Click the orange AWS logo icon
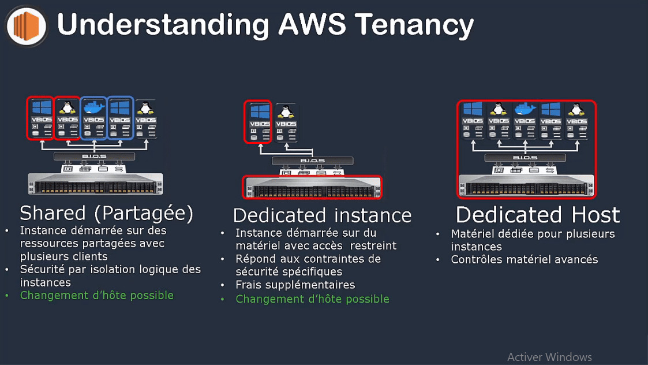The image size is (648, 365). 25,25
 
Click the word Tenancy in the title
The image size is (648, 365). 414,25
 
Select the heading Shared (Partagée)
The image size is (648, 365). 106,213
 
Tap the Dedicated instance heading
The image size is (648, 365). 322,215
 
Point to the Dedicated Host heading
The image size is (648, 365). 537,215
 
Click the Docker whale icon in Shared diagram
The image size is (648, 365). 93,107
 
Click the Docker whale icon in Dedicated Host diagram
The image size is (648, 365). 525,109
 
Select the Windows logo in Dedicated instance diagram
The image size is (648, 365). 259,111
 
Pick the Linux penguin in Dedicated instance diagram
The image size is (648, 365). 285,111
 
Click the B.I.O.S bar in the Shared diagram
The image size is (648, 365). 94,157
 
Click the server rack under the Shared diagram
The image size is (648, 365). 95,184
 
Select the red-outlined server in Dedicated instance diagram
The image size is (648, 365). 312,187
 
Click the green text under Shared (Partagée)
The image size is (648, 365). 96,295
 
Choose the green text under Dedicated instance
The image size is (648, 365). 312,299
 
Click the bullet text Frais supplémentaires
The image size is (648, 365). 295,285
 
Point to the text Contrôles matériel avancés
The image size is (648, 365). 525,259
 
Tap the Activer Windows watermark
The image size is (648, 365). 549,357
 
